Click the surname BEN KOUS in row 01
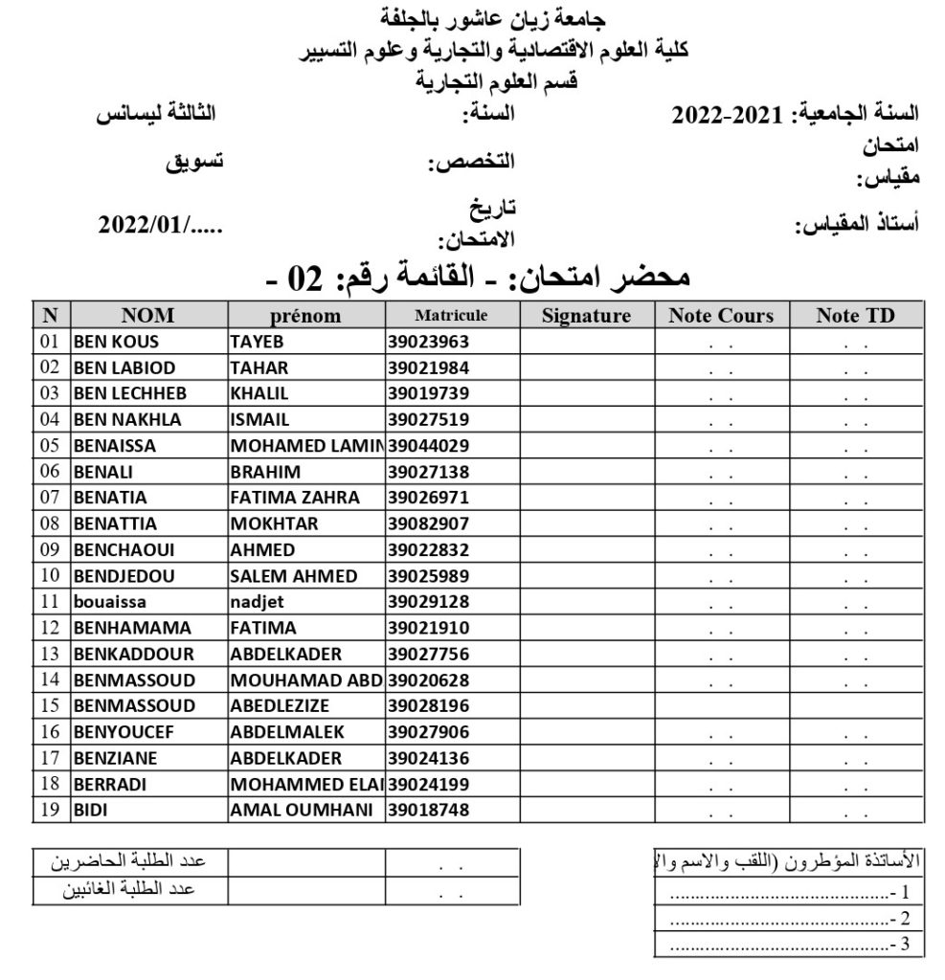116,342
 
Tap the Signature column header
586,316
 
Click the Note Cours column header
721,316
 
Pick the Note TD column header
855,316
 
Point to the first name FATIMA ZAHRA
295,498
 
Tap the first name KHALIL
259,393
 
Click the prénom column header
305,316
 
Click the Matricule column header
451,315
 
